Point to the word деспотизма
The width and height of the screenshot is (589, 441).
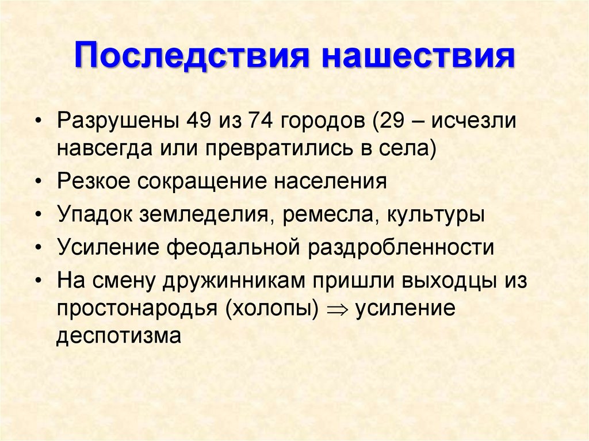tap(119, 335)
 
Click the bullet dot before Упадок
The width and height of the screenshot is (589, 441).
tap(38, 215)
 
